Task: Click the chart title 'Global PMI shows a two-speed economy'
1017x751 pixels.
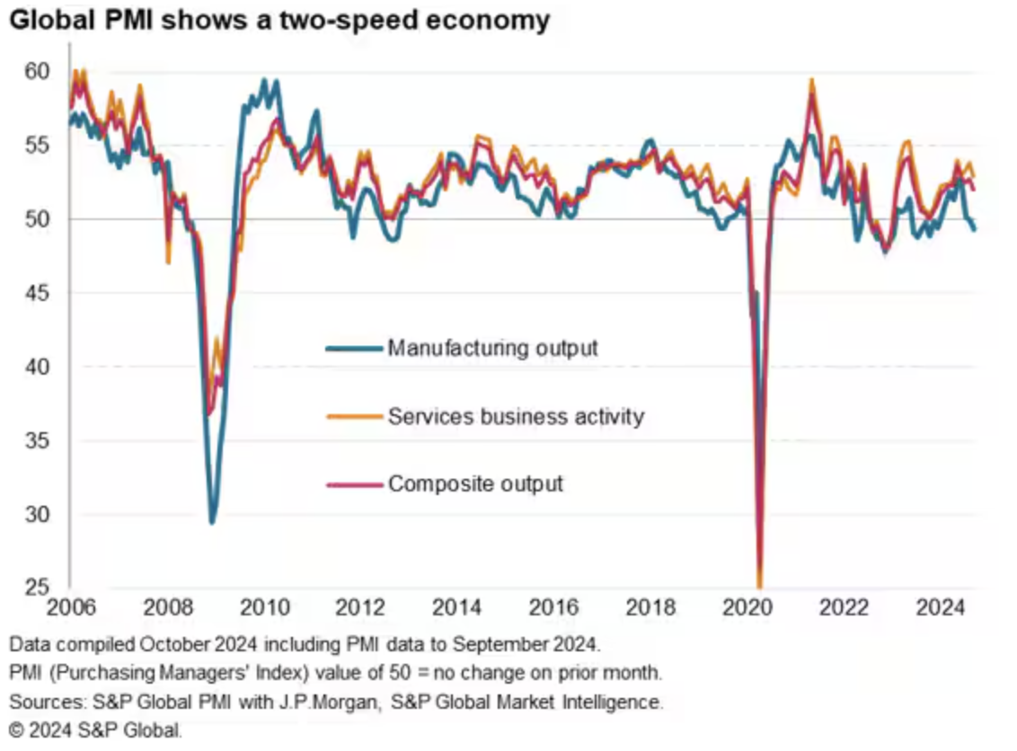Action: (x=279, y=20)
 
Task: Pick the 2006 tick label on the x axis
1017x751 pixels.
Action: (x=71, y=608)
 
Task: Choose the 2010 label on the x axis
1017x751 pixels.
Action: (x=264, y=608)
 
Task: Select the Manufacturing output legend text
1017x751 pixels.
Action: (x=492, y=348)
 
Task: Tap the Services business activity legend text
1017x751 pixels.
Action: (x=516, y=416)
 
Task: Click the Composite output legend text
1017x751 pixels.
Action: (x=475, y=484)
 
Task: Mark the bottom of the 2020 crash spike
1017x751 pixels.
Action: (x=759, y=586)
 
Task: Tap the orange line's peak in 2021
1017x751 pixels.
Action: (x=811, y=80)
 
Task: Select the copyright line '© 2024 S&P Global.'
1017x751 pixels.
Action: (x=95, y=730)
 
